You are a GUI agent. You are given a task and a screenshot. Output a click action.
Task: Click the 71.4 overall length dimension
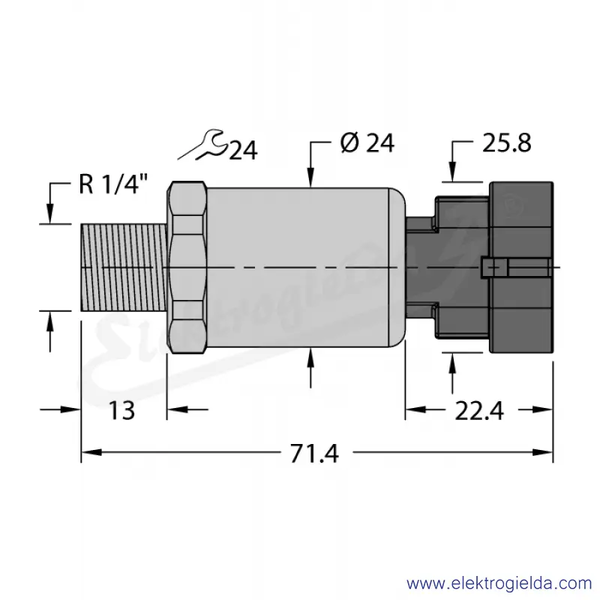click(x=314, y=454)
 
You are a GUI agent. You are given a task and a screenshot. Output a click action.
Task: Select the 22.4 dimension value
click(x=479, y=411)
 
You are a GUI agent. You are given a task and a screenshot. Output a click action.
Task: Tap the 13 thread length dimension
click(x=122, y=410)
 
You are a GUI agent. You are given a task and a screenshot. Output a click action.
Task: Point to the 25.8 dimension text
click(x=507, y=143)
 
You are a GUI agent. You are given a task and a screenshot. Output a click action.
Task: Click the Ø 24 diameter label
click(x=367, y=143)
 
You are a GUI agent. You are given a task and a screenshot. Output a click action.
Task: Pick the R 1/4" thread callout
click(x=113, y=184)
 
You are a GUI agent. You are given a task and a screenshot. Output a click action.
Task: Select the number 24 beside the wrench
click(x=243, y=151)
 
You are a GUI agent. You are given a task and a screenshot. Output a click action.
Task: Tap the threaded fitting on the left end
click(x=124, y=267)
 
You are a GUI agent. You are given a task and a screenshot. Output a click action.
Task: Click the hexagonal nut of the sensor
click(x=187, y=267)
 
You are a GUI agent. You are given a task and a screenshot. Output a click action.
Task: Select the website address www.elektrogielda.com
click(x=499, y=583)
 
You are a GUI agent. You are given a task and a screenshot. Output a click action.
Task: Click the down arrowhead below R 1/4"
click(x=49, y=214)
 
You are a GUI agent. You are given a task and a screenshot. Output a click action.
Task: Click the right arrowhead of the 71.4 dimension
click(x=542, y=452)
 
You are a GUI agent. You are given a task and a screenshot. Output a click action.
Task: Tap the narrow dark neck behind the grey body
click(x=420, y=267)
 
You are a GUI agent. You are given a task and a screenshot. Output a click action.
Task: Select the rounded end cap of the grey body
click(x=397, y=268)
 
